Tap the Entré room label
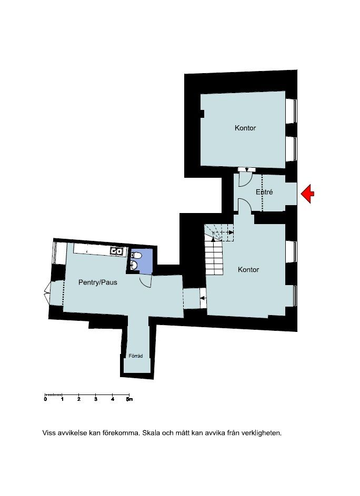tap(264, 192)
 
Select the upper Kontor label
tap(245, 128)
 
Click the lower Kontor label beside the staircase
tap(248, 269)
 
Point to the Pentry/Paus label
tap(97, 282)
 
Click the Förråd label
tap(135, 356)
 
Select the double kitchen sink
tap(116, 251)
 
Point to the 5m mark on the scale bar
tap(129, 399)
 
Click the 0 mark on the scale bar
tap(46, 399)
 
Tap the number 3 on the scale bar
tap(96, 399)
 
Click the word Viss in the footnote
tap(49, 433)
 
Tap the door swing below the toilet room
tap(145, 281)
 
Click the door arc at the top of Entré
tap(244, 179)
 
